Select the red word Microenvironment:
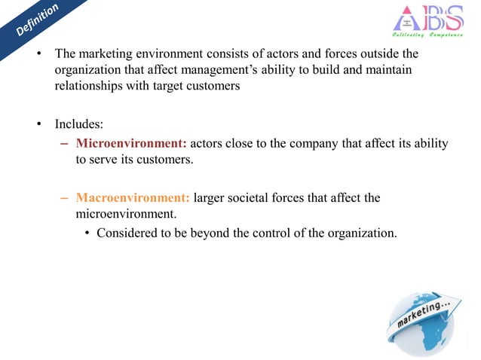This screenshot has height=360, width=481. [131, 144]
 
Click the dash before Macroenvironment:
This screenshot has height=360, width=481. [65, 198]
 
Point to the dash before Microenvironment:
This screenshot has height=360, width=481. [65, 144]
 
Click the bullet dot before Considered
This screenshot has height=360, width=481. [87, 232]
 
